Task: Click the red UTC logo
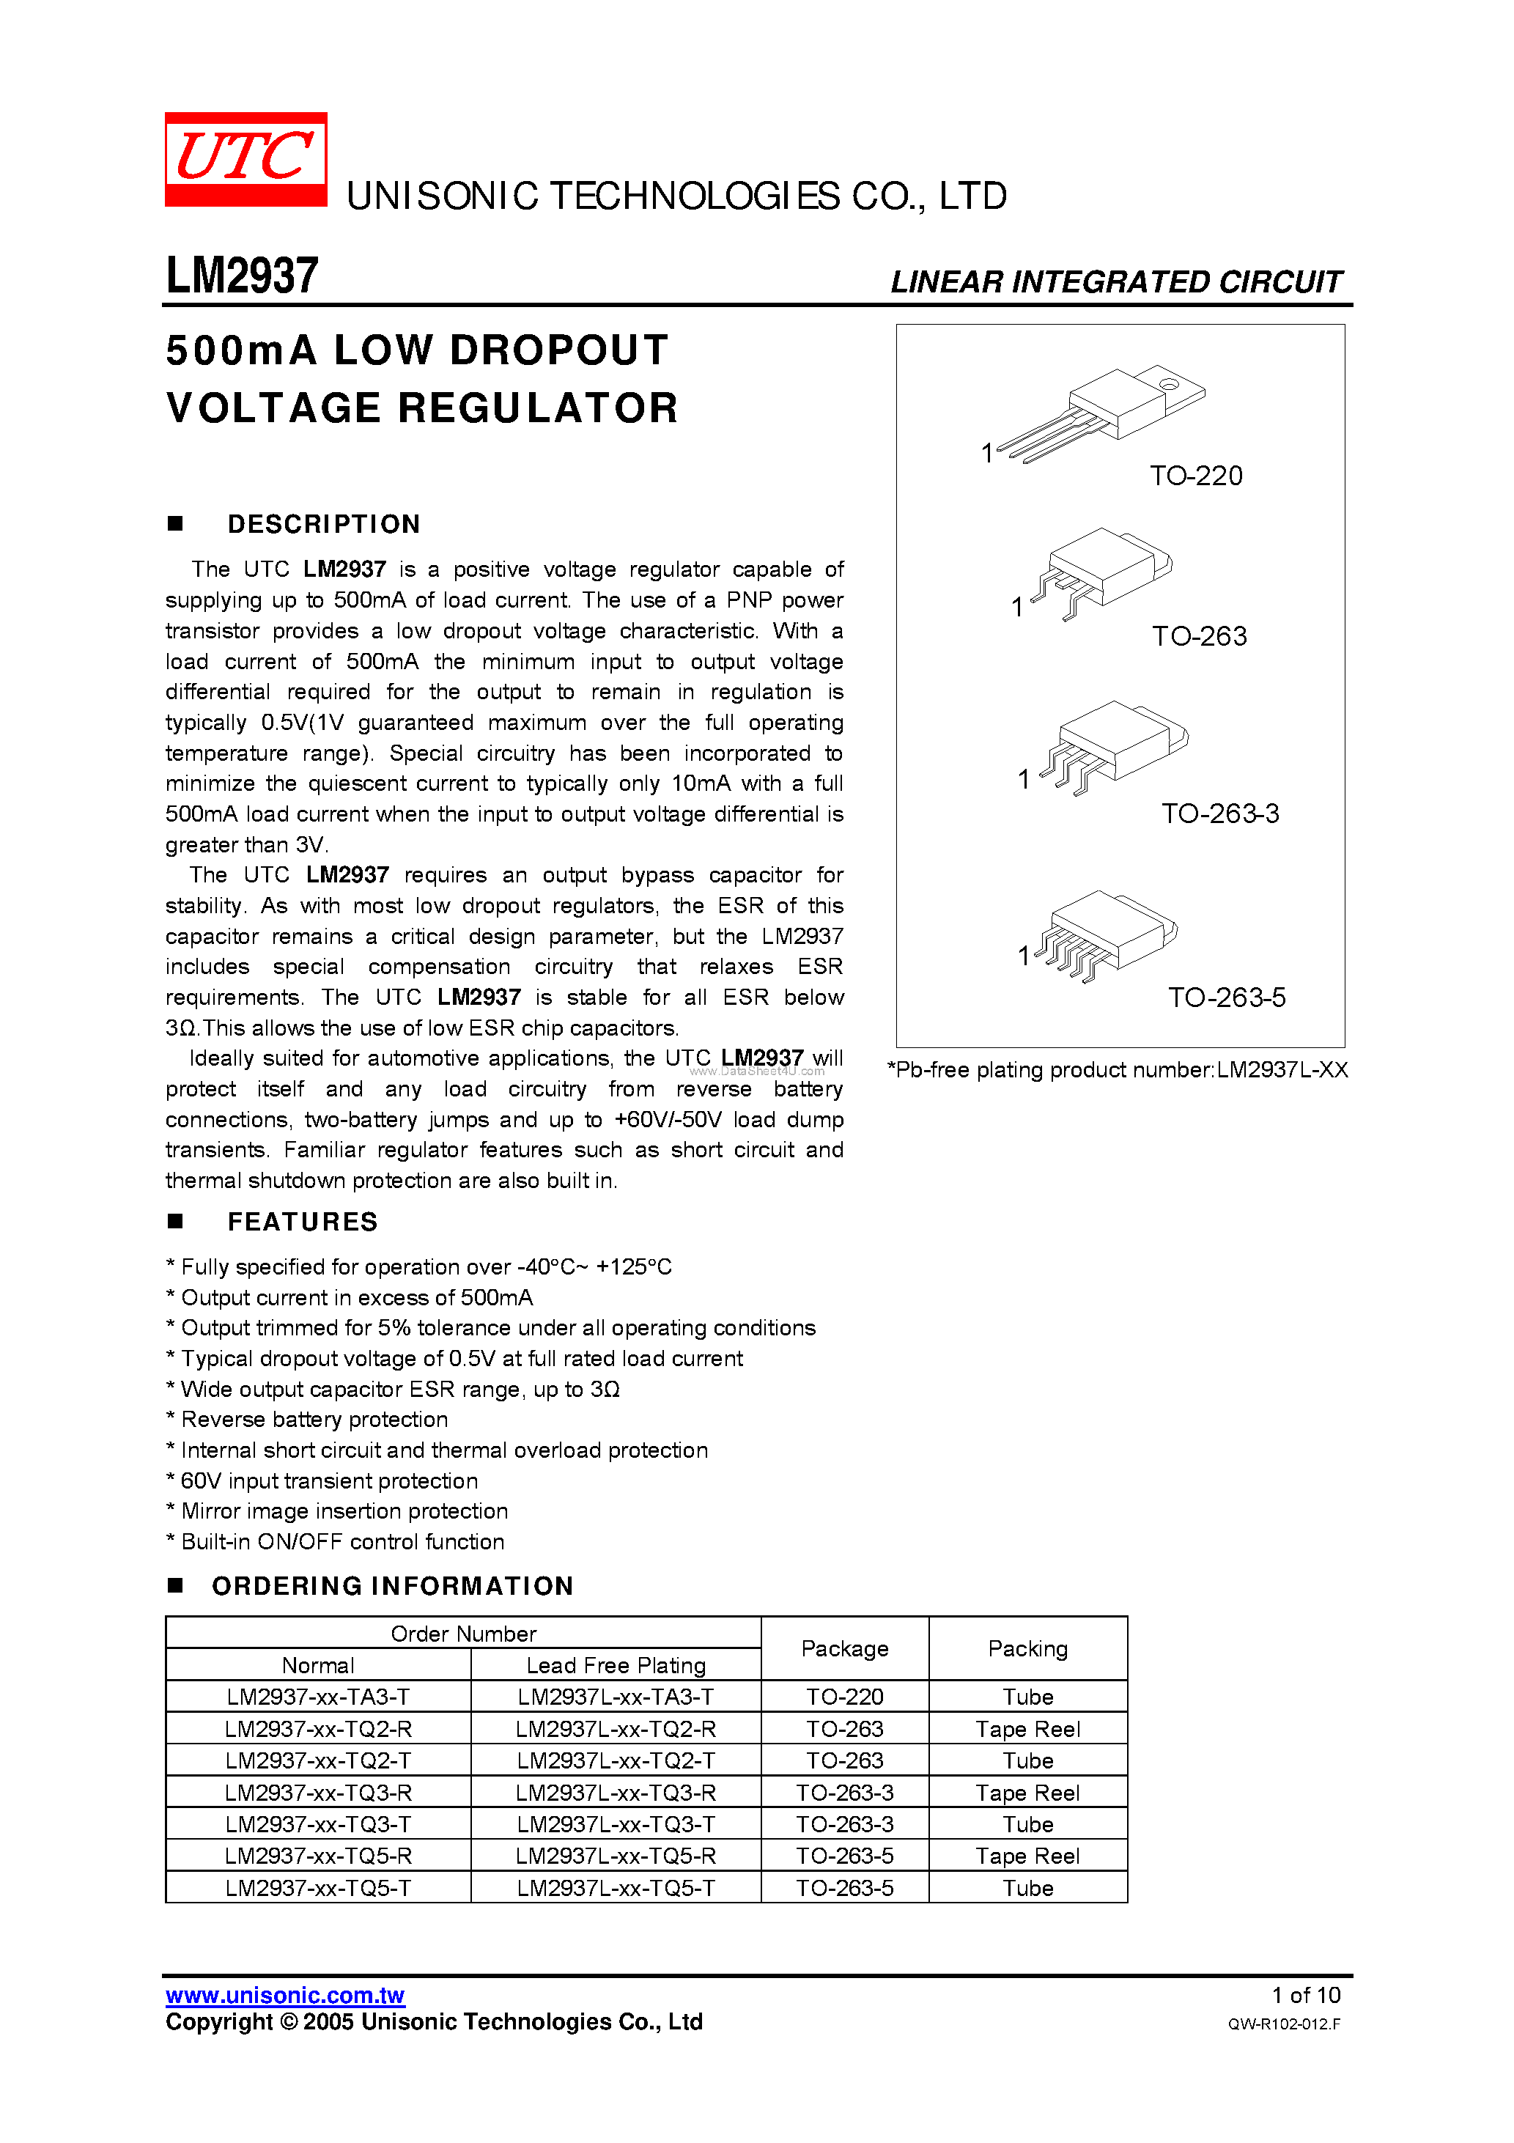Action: click(245, 158)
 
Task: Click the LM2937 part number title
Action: click(242, 276)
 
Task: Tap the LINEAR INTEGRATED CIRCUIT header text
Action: click(1115, 282)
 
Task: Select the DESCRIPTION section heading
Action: click(323, 525)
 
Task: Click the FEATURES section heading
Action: click(303, 1222)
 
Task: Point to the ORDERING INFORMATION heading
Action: click(392, 1586)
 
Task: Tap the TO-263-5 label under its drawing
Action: click(1227, 997)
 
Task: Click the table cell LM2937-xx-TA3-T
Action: click(317, 1697)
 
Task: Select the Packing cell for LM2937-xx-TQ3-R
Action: click(1027, 1792)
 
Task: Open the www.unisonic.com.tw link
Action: click(284, 1996)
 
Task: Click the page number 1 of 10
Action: click(1305, 1996)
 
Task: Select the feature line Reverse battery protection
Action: click(314, 1420)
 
